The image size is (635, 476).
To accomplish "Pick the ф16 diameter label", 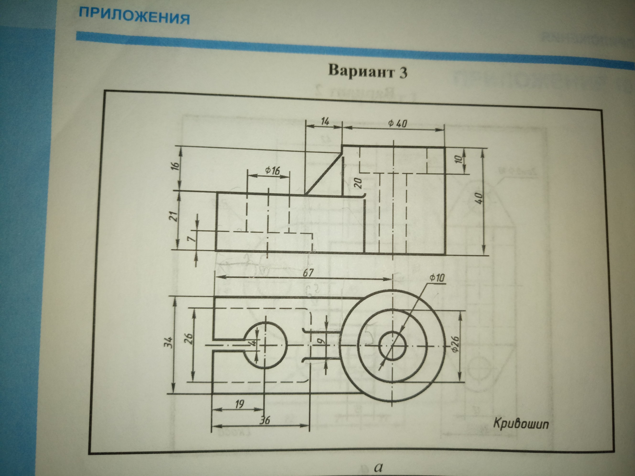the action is click(x=272, y=171).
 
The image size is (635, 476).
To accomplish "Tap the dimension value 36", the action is click(x=264, y=421).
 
